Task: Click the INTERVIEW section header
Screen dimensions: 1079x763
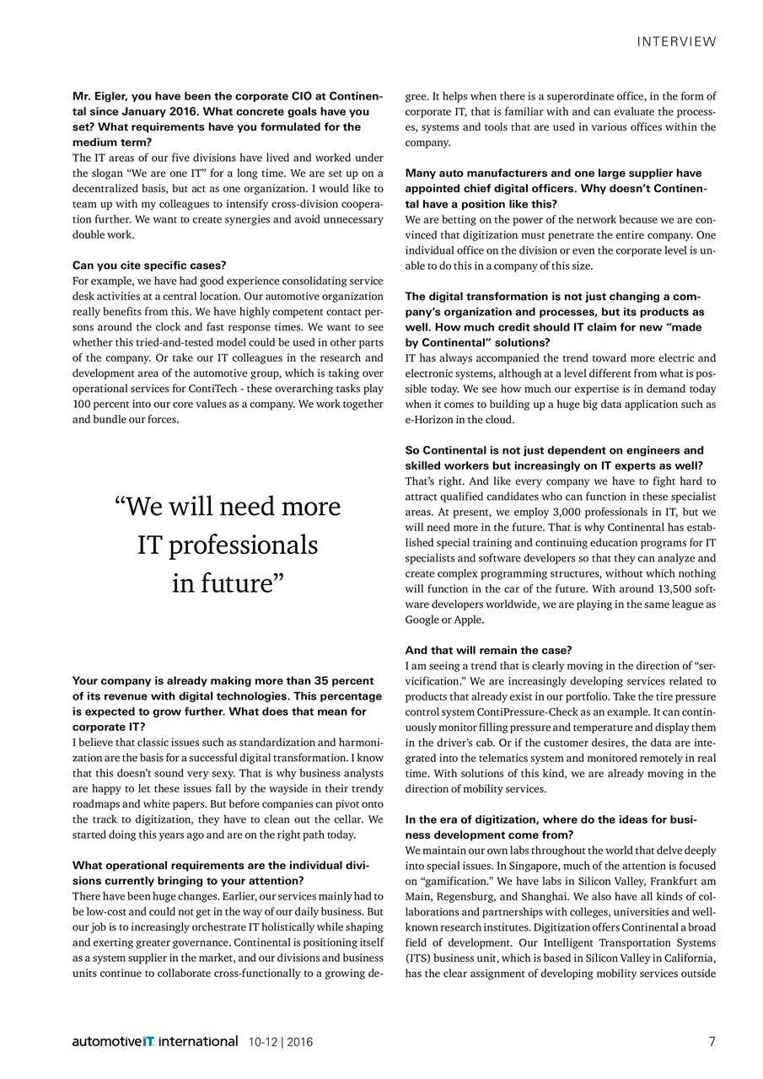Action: click(677, 41)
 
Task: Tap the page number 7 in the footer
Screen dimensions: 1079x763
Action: click(712, 1041)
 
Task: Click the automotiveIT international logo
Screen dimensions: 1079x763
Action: click(155, 1042)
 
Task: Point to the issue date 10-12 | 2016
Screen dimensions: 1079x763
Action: click(281, 1042)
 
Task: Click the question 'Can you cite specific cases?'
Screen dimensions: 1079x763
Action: click(149, 266)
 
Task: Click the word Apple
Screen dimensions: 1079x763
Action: click(469, 620)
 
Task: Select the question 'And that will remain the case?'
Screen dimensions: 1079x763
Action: click(488, 650)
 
